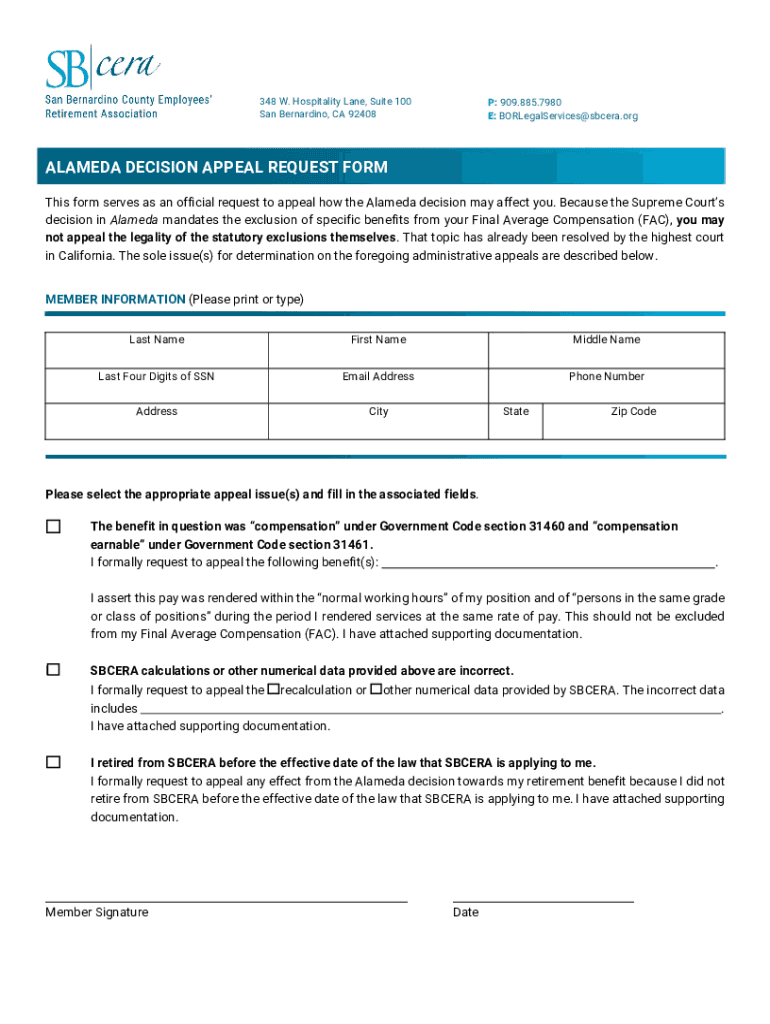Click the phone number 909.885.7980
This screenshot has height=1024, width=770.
pyautogui.click(x=530, y=102)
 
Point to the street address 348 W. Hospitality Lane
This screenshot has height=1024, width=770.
pyautogui.click(x=335, y=102)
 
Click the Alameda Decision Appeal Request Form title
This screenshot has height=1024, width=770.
pyautogui.click(x=216, y=167)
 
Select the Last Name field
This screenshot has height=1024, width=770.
pyautogui.click(x=156, y=352)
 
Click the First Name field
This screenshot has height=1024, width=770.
pyautogui.click(x=378, y=352)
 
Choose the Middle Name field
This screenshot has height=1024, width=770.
pyautogui.click(x=606, y=352)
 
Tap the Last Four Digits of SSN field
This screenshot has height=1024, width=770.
pyautogui.click(x=156, y=388)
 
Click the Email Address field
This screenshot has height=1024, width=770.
pyautogui.click(x=378, y=388)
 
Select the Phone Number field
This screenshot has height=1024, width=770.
pyautogui.click(x=606, y=388)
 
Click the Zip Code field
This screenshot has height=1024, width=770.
pyautogui.click(x=633, y=424)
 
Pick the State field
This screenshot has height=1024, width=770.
pyautogui.click(x=515, y=424)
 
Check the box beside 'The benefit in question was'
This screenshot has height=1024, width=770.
pyautogui.click(x=53, y=526)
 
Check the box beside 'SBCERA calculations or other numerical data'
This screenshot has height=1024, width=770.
pyautogui.click(x=53, y=670)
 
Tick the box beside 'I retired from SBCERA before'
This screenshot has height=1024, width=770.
pyautogui.click(x=53, y=762)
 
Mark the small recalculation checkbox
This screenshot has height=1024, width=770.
pyautogui.click(x=272, y=690)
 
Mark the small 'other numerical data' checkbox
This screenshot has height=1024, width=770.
pyautogui.click(x=375, y=690)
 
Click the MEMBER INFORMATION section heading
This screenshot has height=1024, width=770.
pyautogui.click(x=115, y=299)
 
